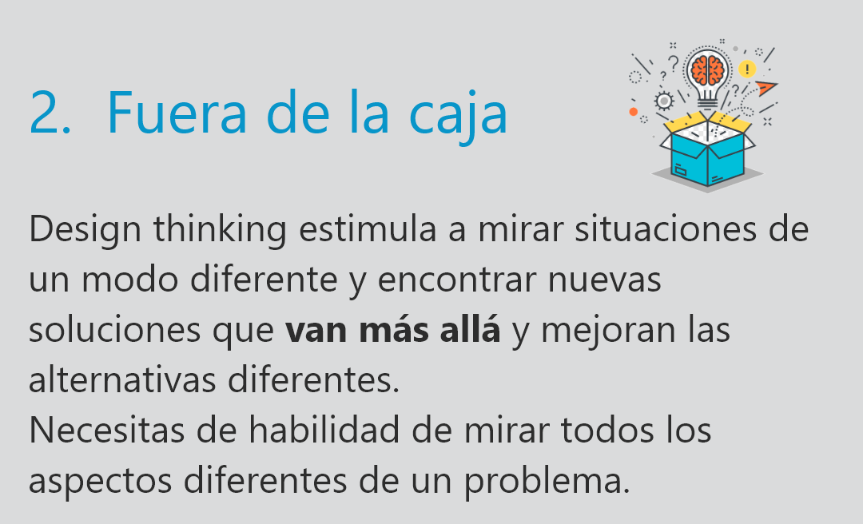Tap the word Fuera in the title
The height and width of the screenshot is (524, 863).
click(177, 113)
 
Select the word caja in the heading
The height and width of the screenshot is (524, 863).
click(458, 117)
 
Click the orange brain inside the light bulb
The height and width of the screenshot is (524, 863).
click(708, 70)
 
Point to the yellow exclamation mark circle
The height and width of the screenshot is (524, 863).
click(747, 69)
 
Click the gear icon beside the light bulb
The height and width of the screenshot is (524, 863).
click(664, 101)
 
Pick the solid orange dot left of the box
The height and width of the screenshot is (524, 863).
click(634, 112)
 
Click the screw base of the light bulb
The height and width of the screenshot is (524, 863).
click(708, 102)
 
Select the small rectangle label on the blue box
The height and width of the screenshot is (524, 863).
click(681, 171)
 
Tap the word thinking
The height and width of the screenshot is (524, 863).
click(221, 230)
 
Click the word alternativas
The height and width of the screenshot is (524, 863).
click(122, 379)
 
